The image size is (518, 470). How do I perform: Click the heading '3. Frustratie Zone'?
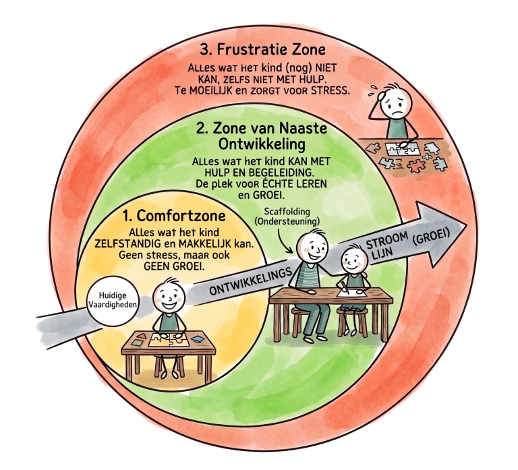point(262,50)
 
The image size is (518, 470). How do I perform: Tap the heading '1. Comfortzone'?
point(174,216)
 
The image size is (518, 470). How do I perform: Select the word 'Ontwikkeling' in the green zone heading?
point(262,144)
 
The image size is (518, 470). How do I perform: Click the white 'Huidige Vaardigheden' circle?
point(113,300)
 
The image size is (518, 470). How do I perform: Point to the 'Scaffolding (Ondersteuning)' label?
point(287,216)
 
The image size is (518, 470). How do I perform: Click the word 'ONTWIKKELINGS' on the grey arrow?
point(251,281)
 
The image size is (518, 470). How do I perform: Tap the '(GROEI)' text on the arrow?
point(431,237)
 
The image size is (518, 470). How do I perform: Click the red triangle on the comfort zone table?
point(142,336)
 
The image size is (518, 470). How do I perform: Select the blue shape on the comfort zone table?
point(197,339)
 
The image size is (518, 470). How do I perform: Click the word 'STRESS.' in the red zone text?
point(330,91)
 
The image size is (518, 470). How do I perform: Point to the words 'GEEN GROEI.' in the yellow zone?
point(174,266)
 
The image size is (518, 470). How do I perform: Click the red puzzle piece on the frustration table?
point(416,165)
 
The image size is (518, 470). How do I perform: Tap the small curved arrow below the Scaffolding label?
point(283,240)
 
